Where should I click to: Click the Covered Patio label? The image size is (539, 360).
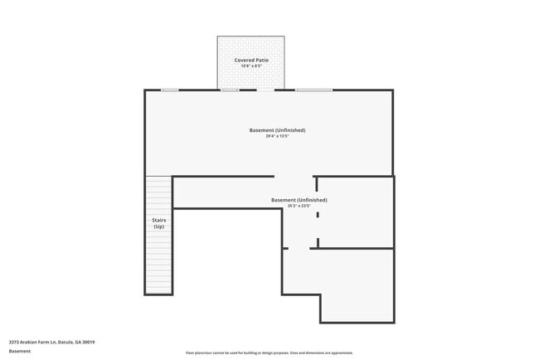(x=250, y=61)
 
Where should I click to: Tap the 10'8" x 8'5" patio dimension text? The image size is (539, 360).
(x=250, y=66)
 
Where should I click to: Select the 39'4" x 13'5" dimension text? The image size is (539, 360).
(x=277, y=136)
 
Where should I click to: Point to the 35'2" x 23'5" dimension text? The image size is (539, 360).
(x=299, y=206)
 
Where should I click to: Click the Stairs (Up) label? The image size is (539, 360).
(x=158, y=223)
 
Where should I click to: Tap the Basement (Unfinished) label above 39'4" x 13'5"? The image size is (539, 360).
(x=277, y=130)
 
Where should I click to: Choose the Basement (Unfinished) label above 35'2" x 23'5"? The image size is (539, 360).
(x=299, y=200)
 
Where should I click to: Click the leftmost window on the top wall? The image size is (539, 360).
(x=169, y=90)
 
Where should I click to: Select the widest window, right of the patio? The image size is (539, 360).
(x=313, y=90)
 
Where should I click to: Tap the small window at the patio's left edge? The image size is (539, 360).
(x=230, y=90)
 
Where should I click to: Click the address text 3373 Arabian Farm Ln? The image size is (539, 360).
(x=51, y=342)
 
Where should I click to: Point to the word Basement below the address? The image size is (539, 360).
(x=20, y=351)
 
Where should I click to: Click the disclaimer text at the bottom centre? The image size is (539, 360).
(x=269, y=353)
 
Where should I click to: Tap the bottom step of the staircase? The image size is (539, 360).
(x=158, y=291)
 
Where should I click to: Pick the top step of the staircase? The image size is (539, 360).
(x=158, y=178)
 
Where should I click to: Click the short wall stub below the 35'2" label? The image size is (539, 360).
(x=317, y=215)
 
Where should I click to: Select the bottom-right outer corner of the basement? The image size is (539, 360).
(x=393, y=322)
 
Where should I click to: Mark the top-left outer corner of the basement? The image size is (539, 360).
(x=146, y=90)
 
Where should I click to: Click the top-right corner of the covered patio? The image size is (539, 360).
(x=284, y=36)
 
